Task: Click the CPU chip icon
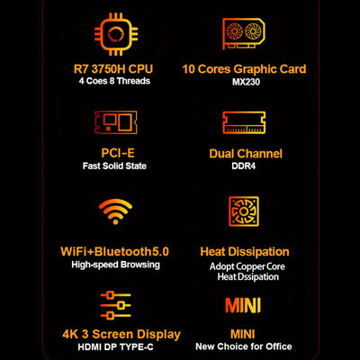[116, 34]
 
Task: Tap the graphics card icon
[244, 33]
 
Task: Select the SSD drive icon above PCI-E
[116, 122]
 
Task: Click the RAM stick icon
[244, 122]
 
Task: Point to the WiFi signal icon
[115, 211]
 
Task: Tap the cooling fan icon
[244, 211]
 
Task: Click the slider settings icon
[115, 305]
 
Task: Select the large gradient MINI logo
[243, 305]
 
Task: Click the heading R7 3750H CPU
[113, 69]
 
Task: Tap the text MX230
[246, 82]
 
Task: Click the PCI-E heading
[118, 153]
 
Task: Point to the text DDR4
[244, 166]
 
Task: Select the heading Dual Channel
[246, 154]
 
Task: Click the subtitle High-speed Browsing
[115, 265]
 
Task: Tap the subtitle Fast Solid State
[114, 166]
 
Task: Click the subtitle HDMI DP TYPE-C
[115, 347]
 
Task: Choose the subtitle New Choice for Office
[244, 346]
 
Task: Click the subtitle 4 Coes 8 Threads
[114, 81]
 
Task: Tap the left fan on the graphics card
[235, 31]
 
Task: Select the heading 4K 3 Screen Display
[121, 334]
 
